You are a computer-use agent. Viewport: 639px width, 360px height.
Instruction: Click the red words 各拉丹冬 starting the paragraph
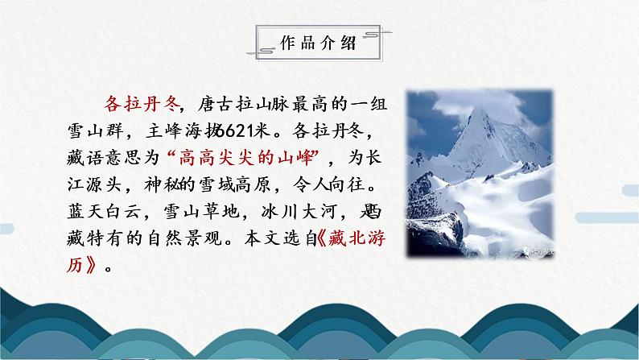134,102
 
